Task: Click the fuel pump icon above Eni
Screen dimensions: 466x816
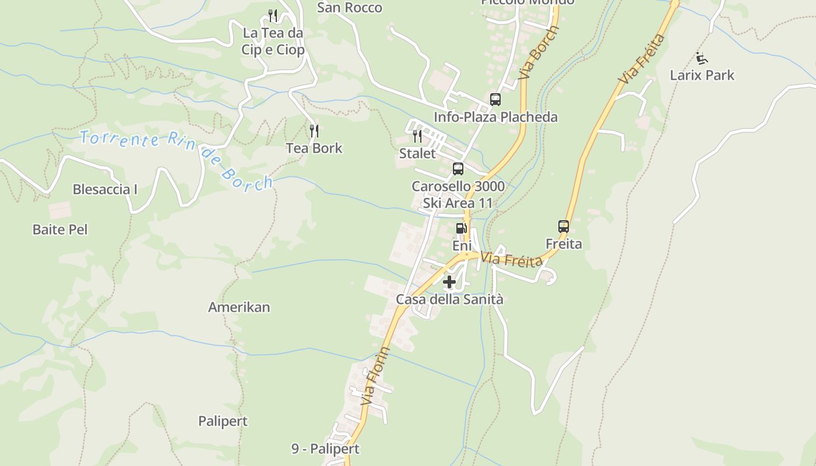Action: pos(461,228)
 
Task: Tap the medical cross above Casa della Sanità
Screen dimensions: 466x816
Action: pos(449,283)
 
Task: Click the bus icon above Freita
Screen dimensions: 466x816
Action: pos(563,226)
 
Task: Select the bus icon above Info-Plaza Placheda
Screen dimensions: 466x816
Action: pos(495,100)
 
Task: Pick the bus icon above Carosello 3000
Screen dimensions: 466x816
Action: pos(458,169)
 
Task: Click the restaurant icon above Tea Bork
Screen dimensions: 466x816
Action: pos(314,130)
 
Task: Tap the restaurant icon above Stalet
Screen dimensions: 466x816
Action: pos(417,136)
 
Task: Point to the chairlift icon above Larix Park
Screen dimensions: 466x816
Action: pos(702,58)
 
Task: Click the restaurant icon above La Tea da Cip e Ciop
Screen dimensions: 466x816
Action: pos(273,16)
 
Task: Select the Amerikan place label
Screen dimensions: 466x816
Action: pos(239,307)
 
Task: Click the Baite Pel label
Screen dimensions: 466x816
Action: pos(60,230)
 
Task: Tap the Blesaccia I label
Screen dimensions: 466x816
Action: pos(105,189)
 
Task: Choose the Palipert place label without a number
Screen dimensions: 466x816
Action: pos(223,421)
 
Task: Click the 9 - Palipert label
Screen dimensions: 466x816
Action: pos(325,449)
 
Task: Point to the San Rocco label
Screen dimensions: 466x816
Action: pos(350,8)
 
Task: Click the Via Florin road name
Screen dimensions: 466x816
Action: pos(375,376)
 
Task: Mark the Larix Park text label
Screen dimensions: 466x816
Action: pos(702,75)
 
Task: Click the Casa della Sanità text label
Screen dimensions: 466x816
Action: pos(449,299)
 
